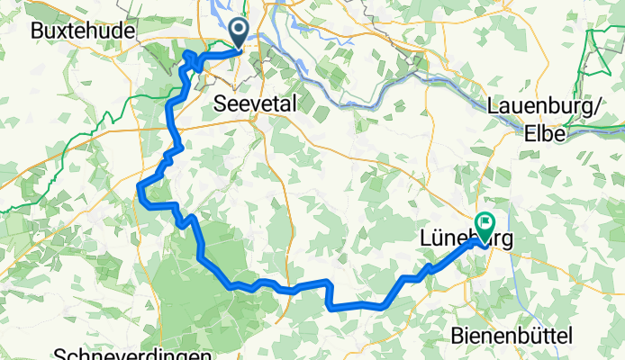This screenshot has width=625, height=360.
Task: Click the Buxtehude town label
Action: point(82,30)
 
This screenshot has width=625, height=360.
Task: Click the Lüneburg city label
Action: point(464,239)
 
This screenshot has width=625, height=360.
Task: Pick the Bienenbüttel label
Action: point(511,336)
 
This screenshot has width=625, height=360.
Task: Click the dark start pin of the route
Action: point(240,31)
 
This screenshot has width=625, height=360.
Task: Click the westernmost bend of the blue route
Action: point(140,186)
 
